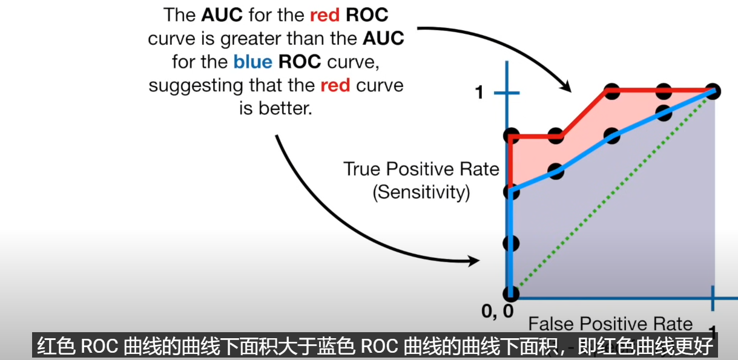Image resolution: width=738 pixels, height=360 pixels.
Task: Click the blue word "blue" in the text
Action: tap(252, 62)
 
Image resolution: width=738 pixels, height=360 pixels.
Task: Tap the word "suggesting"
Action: tap(196, 87)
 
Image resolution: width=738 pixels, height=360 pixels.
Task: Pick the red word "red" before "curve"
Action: tap(335, 85)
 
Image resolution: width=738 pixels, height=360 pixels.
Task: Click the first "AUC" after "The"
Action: tap(222, 15)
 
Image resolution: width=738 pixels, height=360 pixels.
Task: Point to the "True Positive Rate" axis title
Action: tap(421, 169)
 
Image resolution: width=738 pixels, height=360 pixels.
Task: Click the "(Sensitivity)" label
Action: tap(421, 192)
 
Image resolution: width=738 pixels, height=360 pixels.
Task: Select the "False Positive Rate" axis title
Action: tap(610, 324)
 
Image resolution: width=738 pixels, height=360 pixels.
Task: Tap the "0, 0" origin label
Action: tap(498, 311)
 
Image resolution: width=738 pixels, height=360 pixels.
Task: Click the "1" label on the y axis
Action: tap(479, 93)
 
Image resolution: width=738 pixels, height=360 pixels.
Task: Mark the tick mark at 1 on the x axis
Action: tap(713, 298)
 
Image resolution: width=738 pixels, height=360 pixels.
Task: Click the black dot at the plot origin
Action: tap(511, 293)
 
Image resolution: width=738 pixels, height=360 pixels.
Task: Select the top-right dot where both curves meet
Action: tap(713, 91)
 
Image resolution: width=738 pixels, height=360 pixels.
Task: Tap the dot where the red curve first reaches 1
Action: tap(612, 91)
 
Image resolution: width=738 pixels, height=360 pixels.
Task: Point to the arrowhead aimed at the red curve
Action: tap(566, 87)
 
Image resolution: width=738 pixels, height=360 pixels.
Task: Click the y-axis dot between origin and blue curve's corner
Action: tap(511, 244)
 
